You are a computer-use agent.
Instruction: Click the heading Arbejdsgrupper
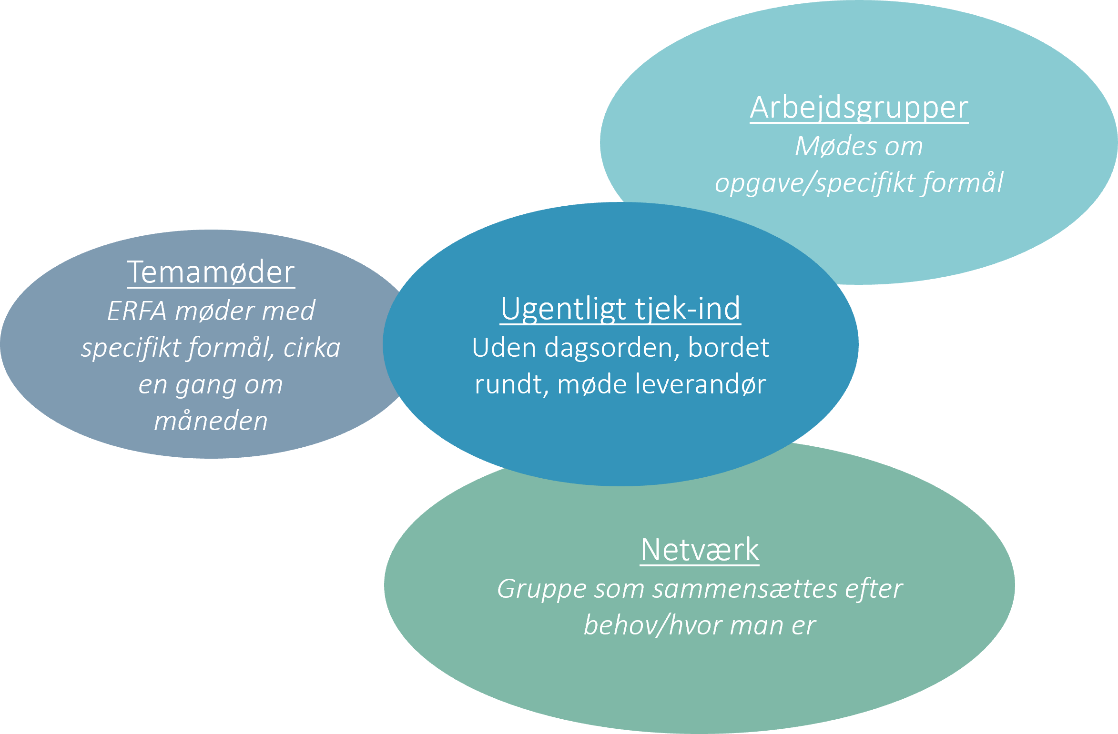(859, 108)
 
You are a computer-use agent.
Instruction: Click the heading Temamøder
(211, 272)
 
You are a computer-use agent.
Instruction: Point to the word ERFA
(137, 312)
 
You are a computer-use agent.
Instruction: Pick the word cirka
(312, 348)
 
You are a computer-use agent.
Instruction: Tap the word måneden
(211, 422)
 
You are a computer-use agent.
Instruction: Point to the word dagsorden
(612, 348)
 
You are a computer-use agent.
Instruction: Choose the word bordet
(729, 348)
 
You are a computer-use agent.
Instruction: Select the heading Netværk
(700, 550)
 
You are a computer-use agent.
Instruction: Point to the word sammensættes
(745, 589)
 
